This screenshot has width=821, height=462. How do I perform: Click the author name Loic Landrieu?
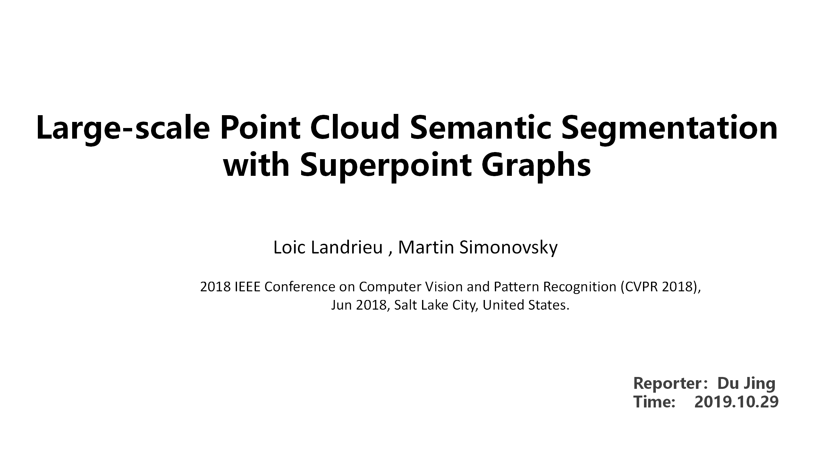tap(328, 248)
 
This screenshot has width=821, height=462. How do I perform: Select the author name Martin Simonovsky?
tap(478, 248)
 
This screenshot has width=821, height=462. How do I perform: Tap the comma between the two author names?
tap(390, 252)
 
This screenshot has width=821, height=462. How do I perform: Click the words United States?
tap(525, 305)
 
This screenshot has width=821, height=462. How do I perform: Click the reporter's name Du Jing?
tap(747, 383)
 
